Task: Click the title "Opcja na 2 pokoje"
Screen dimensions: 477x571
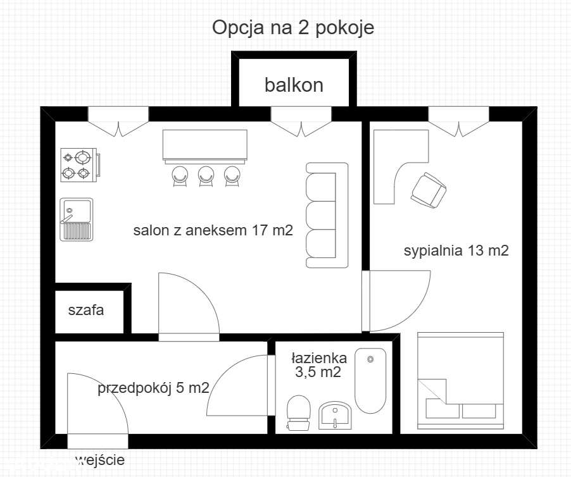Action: coord(293,28)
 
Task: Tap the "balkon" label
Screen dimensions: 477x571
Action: coord(294,85)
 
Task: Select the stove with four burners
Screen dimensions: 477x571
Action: coord(77,164)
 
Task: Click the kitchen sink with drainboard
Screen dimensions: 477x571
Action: coord(77,219)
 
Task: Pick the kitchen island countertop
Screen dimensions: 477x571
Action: coord(205,146)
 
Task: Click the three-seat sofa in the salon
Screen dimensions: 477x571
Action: coord(327,214)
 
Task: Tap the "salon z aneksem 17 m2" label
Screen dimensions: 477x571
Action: coord(213,231)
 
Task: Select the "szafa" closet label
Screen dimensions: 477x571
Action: coord(86,311)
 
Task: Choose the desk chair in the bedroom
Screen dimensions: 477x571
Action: coord(428,189)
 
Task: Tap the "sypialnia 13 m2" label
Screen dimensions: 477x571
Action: coord(456,251)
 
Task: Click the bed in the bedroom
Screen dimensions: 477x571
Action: coord(460,376)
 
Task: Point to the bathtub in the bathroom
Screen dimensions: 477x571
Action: coord(370,380)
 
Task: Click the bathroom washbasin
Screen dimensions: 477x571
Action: coord(334,415)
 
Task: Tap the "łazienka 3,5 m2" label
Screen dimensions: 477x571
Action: coord(318,365)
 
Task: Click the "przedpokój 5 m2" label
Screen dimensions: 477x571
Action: coord(153,388)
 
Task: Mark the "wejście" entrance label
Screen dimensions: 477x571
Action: coord(100,460)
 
